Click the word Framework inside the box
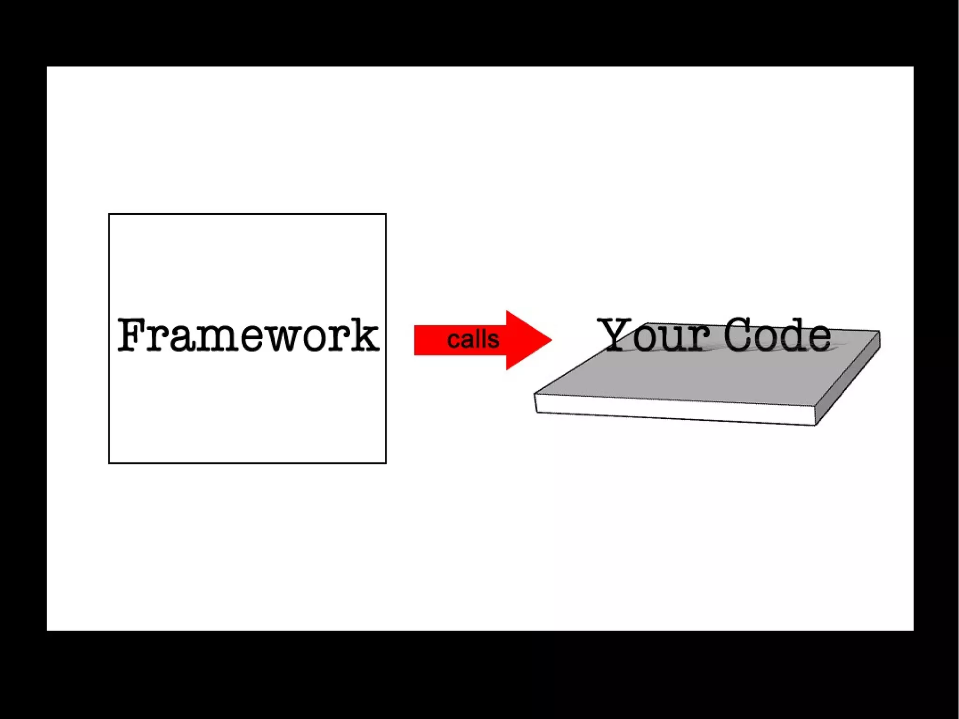pyautogui.click(x=248, y=335)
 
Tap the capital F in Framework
pyautogui.click(x=131, y=335)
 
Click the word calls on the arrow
pyautogui.click(x=473, y=339)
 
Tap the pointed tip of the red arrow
pyautogui.click(x=551, y=340)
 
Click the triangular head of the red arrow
pyautogui.click(x=524, y=340)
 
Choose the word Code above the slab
pyautogui.click(x=777, y=335)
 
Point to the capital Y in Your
pyautogui.click(x=616, y=334)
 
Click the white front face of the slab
pyautogui.click(x=674, y=410)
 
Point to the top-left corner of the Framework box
pyautogui.click(x=109, y=215)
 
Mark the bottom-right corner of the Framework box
pyautogui.click(x=385, y=463)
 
